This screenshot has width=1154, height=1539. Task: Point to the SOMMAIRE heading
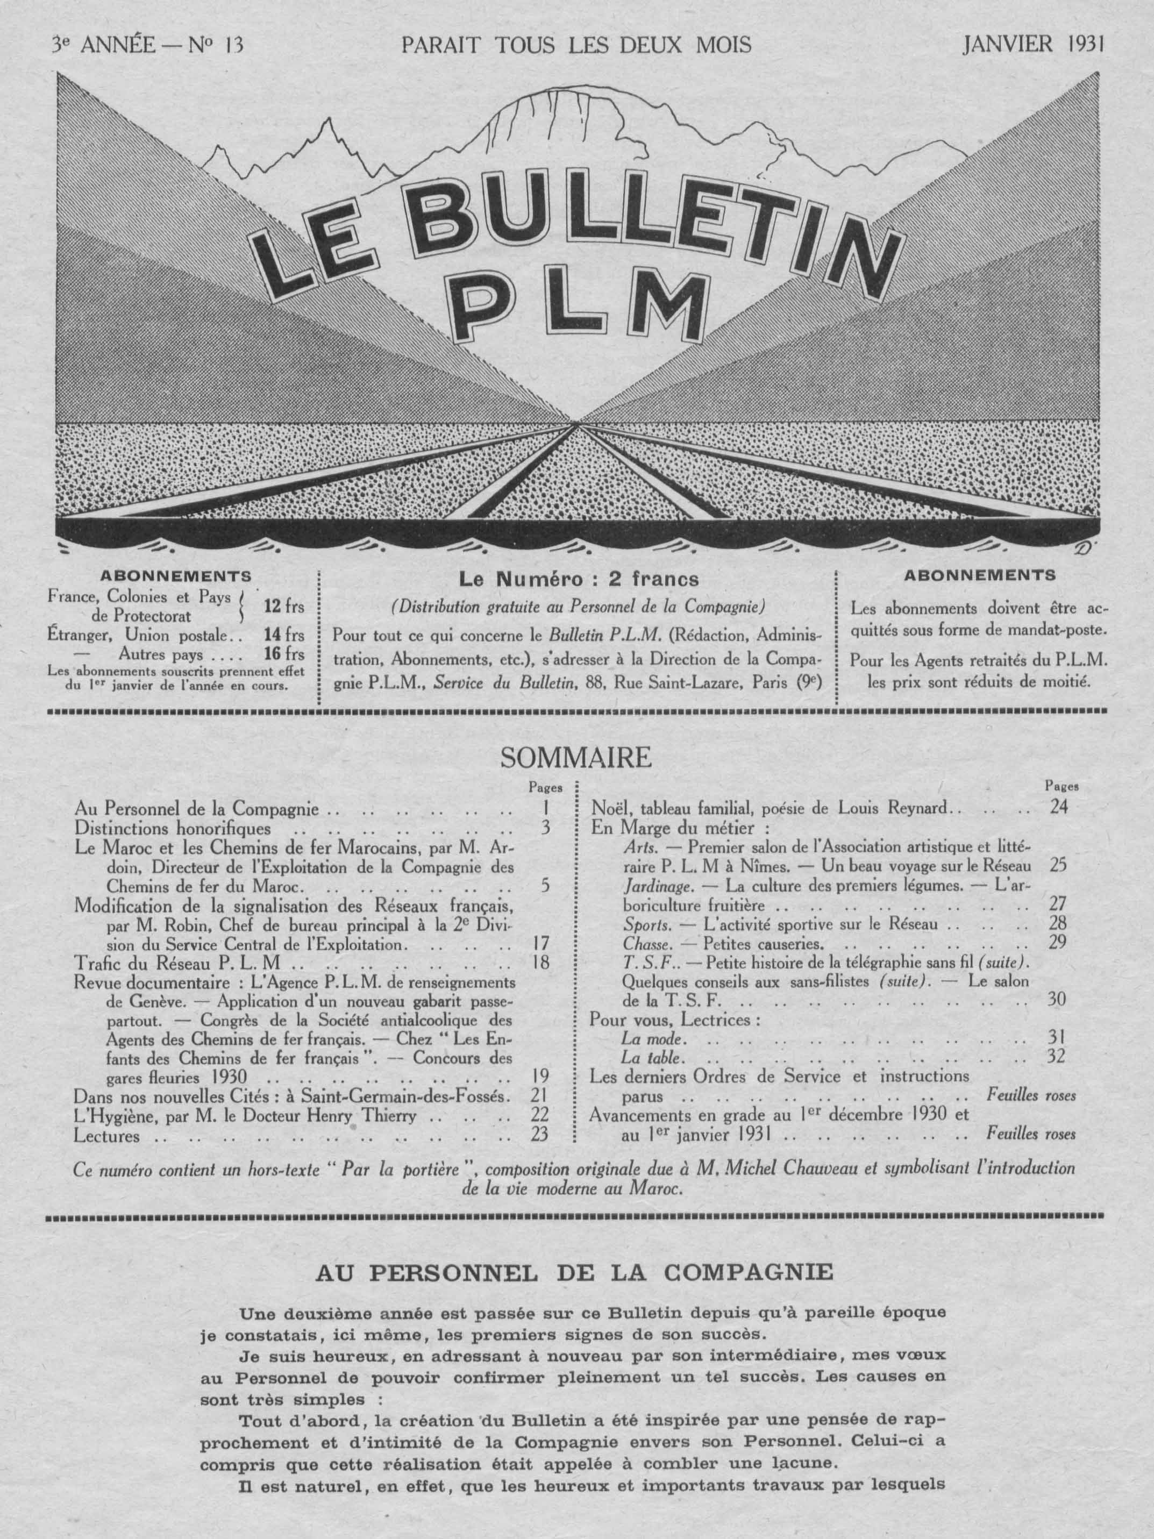coord(576,758)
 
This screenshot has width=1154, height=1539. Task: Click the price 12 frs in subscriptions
coord(284,606)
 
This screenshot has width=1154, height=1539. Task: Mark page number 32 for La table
coord(1056,1058)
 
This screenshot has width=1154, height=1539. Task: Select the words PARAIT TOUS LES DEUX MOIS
coord(576,45)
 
